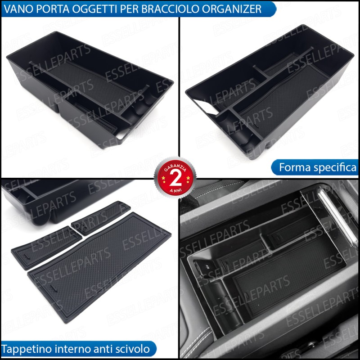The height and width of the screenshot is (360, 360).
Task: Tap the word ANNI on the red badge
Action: pyautogui.click(x=175, y=190)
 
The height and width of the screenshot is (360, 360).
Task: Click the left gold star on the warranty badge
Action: pyautogui.click(x=163, y=178)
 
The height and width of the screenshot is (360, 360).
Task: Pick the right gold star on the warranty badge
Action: pyautogui.click(x=188, y=178)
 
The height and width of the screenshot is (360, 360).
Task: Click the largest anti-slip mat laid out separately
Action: pyautogui.click(x=99, y=267)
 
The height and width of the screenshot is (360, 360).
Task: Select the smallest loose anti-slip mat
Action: pyautogui.click(x=101, y=218)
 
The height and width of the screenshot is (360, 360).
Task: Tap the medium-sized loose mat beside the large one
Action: pyautogui.click(x=47, y=248)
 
